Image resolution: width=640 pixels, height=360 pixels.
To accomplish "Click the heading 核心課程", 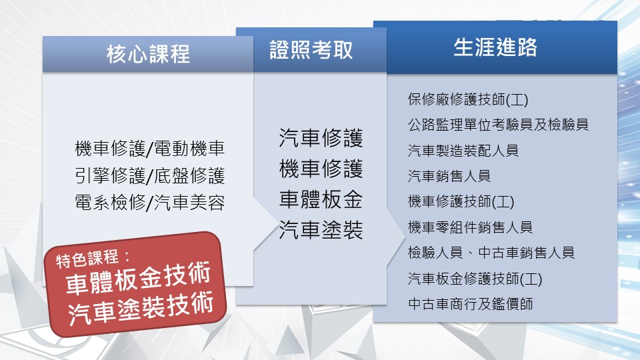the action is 148,54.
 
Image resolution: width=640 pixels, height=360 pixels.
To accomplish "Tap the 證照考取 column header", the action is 311,50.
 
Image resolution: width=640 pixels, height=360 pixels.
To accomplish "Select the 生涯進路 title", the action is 495,47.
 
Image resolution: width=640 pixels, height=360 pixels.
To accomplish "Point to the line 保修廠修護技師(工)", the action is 468,99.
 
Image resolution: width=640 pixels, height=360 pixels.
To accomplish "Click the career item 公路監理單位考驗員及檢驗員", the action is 498,125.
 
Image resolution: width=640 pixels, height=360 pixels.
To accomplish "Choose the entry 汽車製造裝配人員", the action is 463,151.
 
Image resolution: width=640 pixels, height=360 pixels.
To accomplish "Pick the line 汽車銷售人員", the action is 449,176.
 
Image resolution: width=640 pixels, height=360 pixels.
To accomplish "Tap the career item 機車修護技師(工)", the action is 461,201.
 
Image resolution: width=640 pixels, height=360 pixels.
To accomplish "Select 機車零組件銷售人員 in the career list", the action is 470,227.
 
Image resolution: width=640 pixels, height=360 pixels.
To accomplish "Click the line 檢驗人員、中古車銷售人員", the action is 491,253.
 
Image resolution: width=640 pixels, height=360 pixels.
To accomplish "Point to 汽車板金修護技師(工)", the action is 475,279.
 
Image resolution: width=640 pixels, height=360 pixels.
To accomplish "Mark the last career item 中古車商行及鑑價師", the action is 470,304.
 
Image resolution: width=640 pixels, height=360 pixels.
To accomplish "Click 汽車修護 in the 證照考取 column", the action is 321,137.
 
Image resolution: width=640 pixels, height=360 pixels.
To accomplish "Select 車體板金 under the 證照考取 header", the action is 321,199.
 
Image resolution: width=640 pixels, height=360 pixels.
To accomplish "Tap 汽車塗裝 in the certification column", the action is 321,230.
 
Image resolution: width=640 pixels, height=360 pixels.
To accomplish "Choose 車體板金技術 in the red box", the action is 138,279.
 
